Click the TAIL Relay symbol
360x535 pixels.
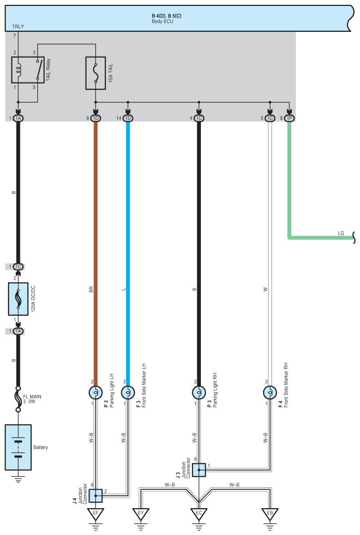[28, 69]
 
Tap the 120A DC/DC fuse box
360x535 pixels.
[18, 299]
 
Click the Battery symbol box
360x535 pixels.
[18, 447]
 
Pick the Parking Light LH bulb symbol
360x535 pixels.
[95, 393]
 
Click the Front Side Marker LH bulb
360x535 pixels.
[128, 393]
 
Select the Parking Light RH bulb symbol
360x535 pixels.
[199, 393]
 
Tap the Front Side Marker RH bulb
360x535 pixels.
[270, 393]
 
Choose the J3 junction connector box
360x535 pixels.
[199, 470]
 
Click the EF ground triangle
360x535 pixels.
[95, 515]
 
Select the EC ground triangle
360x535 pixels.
[199, 515]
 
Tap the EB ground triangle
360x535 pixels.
[270, 515]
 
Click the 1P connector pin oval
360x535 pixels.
[289, 118]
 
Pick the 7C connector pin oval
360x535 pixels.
[18, 267]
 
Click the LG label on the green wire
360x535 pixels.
[341, 233]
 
